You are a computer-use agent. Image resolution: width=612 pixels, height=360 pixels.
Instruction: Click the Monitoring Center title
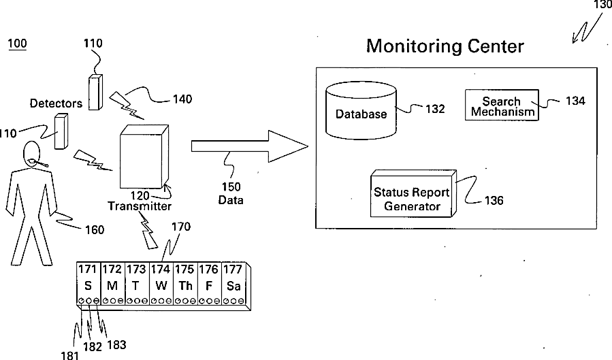[x=445, y=46]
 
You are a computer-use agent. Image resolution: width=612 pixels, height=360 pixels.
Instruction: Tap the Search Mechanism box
[x=501, y=106]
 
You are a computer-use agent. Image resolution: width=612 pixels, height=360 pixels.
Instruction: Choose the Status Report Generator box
[x=412, y=194]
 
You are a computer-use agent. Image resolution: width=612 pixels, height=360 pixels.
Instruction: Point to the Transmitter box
[x=142, y=157]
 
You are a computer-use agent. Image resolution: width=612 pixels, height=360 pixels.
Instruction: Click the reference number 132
[x=435, y=109]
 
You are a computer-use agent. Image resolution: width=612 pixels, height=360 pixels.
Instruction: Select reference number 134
[x=575, y=101]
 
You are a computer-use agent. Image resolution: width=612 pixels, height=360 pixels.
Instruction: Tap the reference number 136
[x=494, y=201]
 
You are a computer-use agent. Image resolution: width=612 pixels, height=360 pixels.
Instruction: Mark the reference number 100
[x=17, y=44]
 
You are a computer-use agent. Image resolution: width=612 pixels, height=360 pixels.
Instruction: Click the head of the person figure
[x=32, y=153]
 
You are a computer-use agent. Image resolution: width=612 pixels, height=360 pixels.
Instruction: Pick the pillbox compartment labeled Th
[x=185, y=285]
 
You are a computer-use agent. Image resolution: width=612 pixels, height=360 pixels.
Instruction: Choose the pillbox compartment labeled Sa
[x=233, y=285]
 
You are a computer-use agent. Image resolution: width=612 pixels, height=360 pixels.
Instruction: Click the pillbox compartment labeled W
[x=161, y=285]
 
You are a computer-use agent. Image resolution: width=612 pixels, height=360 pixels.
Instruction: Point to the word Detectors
[x=56, y=103]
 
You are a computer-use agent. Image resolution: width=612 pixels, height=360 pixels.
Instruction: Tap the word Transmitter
[x=139, y=206]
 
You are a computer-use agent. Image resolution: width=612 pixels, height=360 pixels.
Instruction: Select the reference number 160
[x=94, y=230]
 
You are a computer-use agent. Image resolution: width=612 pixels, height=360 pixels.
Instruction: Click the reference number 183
[x=116, y=345]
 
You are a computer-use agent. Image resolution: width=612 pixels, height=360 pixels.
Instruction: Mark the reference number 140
[x=182, y=99]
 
